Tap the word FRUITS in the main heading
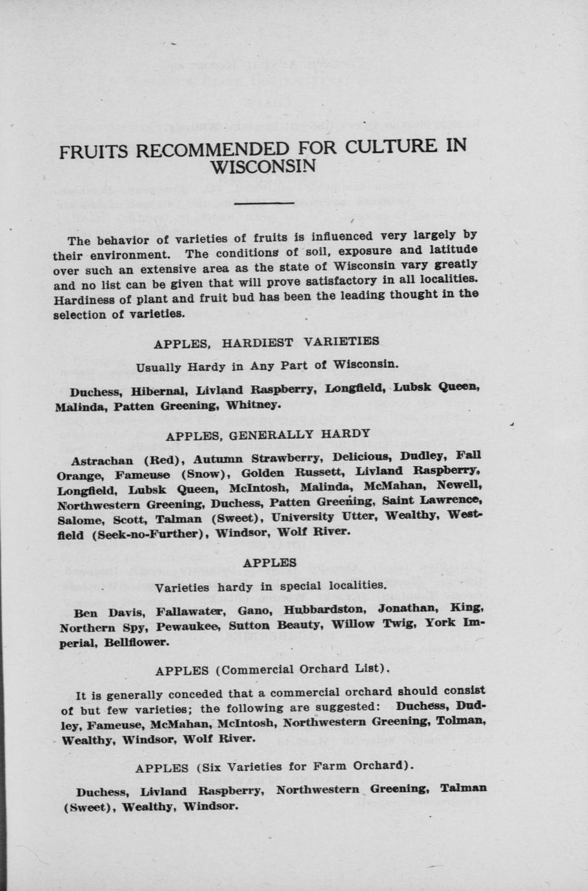(x=94, y=153)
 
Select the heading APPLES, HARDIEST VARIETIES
(x=267, y=342)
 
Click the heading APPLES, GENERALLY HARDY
(x=268, y=434)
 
